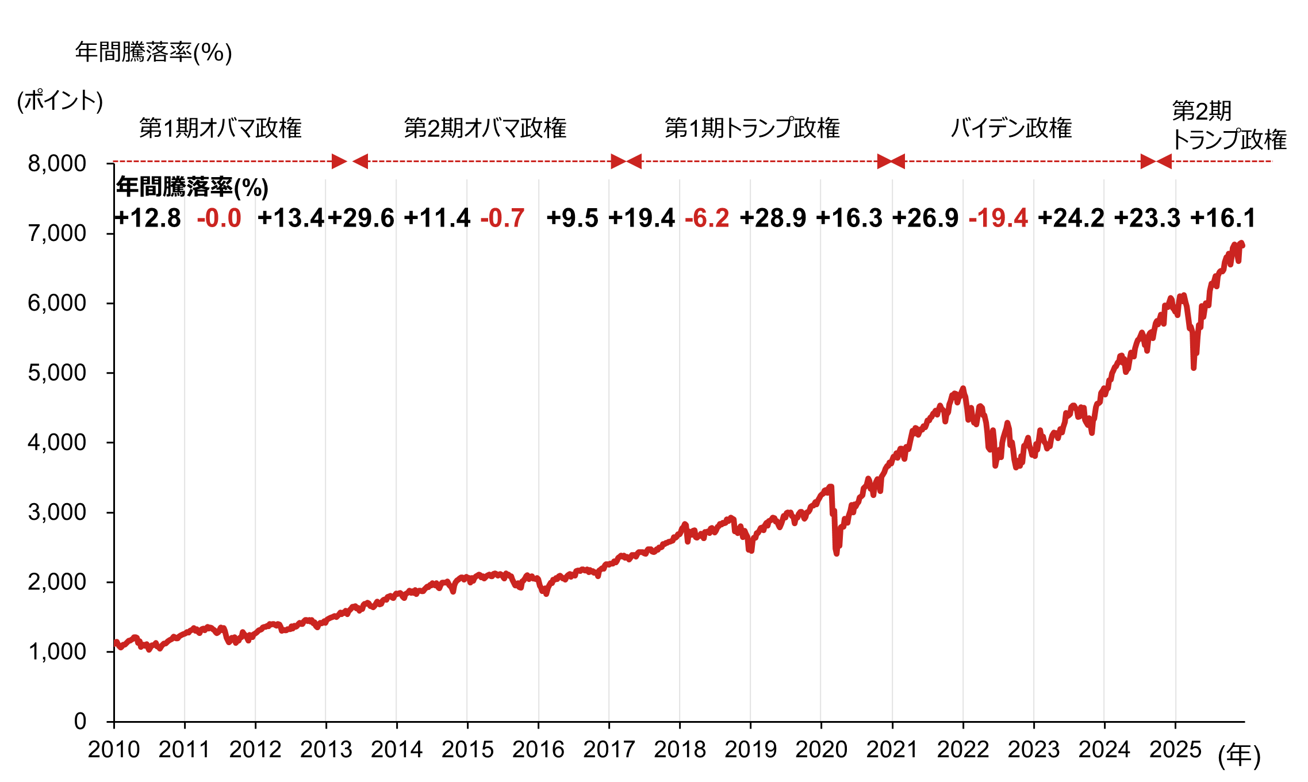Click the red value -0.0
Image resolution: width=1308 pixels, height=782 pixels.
[219, 219]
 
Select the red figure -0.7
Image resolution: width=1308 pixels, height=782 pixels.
[503, 219]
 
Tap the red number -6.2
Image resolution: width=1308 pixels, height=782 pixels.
[707, 219]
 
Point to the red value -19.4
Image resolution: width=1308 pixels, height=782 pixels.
[998, 219]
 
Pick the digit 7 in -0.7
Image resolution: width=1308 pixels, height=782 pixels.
[517, 219]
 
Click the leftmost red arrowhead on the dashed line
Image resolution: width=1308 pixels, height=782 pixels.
[339, 162]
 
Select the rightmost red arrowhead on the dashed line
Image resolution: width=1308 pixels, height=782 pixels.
[1164, 162]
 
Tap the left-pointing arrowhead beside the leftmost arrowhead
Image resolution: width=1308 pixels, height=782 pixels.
[360, 162]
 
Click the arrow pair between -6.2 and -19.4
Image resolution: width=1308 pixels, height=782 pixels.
[891, 162]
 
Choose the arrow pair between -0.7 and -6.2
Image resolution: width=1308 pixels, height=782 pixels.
[626, 162]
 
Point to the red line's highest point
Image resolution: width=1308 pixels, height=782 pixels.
[1242, 244]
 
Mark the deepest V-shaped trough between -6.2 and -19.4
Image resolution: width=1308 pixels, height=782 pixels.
[837, 553]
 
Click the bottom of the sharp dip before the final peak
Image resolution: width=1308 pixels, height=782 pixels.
[1194, 367]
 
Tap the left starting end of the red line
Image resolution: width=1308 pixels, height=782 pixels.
[116, 642]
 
